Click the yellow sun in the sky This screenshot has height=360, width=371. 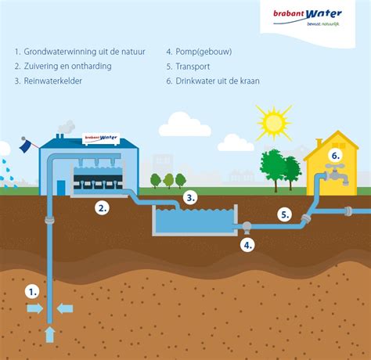click(x=273, y=122)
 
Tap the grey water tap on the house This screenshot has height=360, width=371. click(x=337, y=174)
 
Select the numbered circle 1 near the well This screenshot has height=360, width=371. click(x=32, y=292)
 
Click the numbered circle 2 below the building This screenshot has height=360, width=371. click(x=102, y=208)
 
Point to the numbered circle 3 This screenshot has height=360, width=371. click(x=190, y=198)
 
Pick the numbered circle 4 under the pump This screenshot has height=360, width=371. click(x=247, y=245)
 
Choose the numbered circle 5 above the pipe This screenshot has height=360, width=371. click(x=285, y=214)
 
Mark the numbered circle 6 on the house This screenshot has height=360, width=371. click(x=336, y=156)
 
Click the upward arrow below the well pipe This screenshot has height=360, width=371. click(x=50, y=335)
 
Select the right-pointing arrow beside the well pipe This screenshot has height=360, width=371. click(x=35, y=308)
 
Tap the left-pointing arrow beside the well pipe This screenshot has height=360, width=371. click(x=65, y=308)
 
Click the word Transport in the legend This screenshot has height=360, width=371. click(x=193, y=67)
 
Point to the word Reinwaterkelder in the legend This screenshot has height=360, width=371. click(x=53, y=81)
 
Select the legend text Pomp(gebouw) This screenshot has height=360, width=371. click(x=204, y=52)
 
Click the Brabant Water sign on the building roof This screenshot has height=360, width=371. click(x=101, y=138)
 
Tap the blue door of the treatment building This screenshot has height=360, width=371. click(x=61, y=188)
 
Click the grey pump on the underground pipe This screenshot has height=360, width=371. click(x=247, y=228)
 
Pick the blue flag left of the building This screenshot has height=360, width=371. click(x=26, y=146)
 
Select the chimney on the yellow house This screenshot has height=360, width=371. click(x=319, y=143)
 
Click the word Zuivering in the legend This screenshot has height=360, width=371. click(x=41, y=67)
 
